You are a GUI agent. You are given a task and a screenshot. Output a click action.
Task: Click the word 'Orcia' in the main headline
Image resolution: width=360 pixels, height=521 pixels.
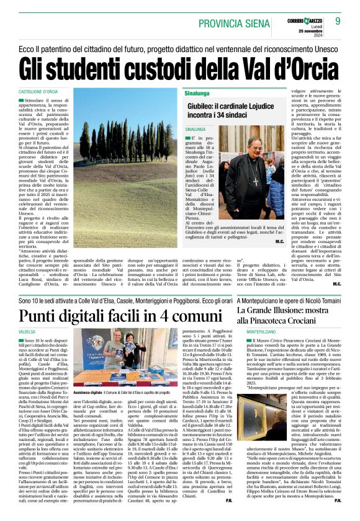coord(318,67)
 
